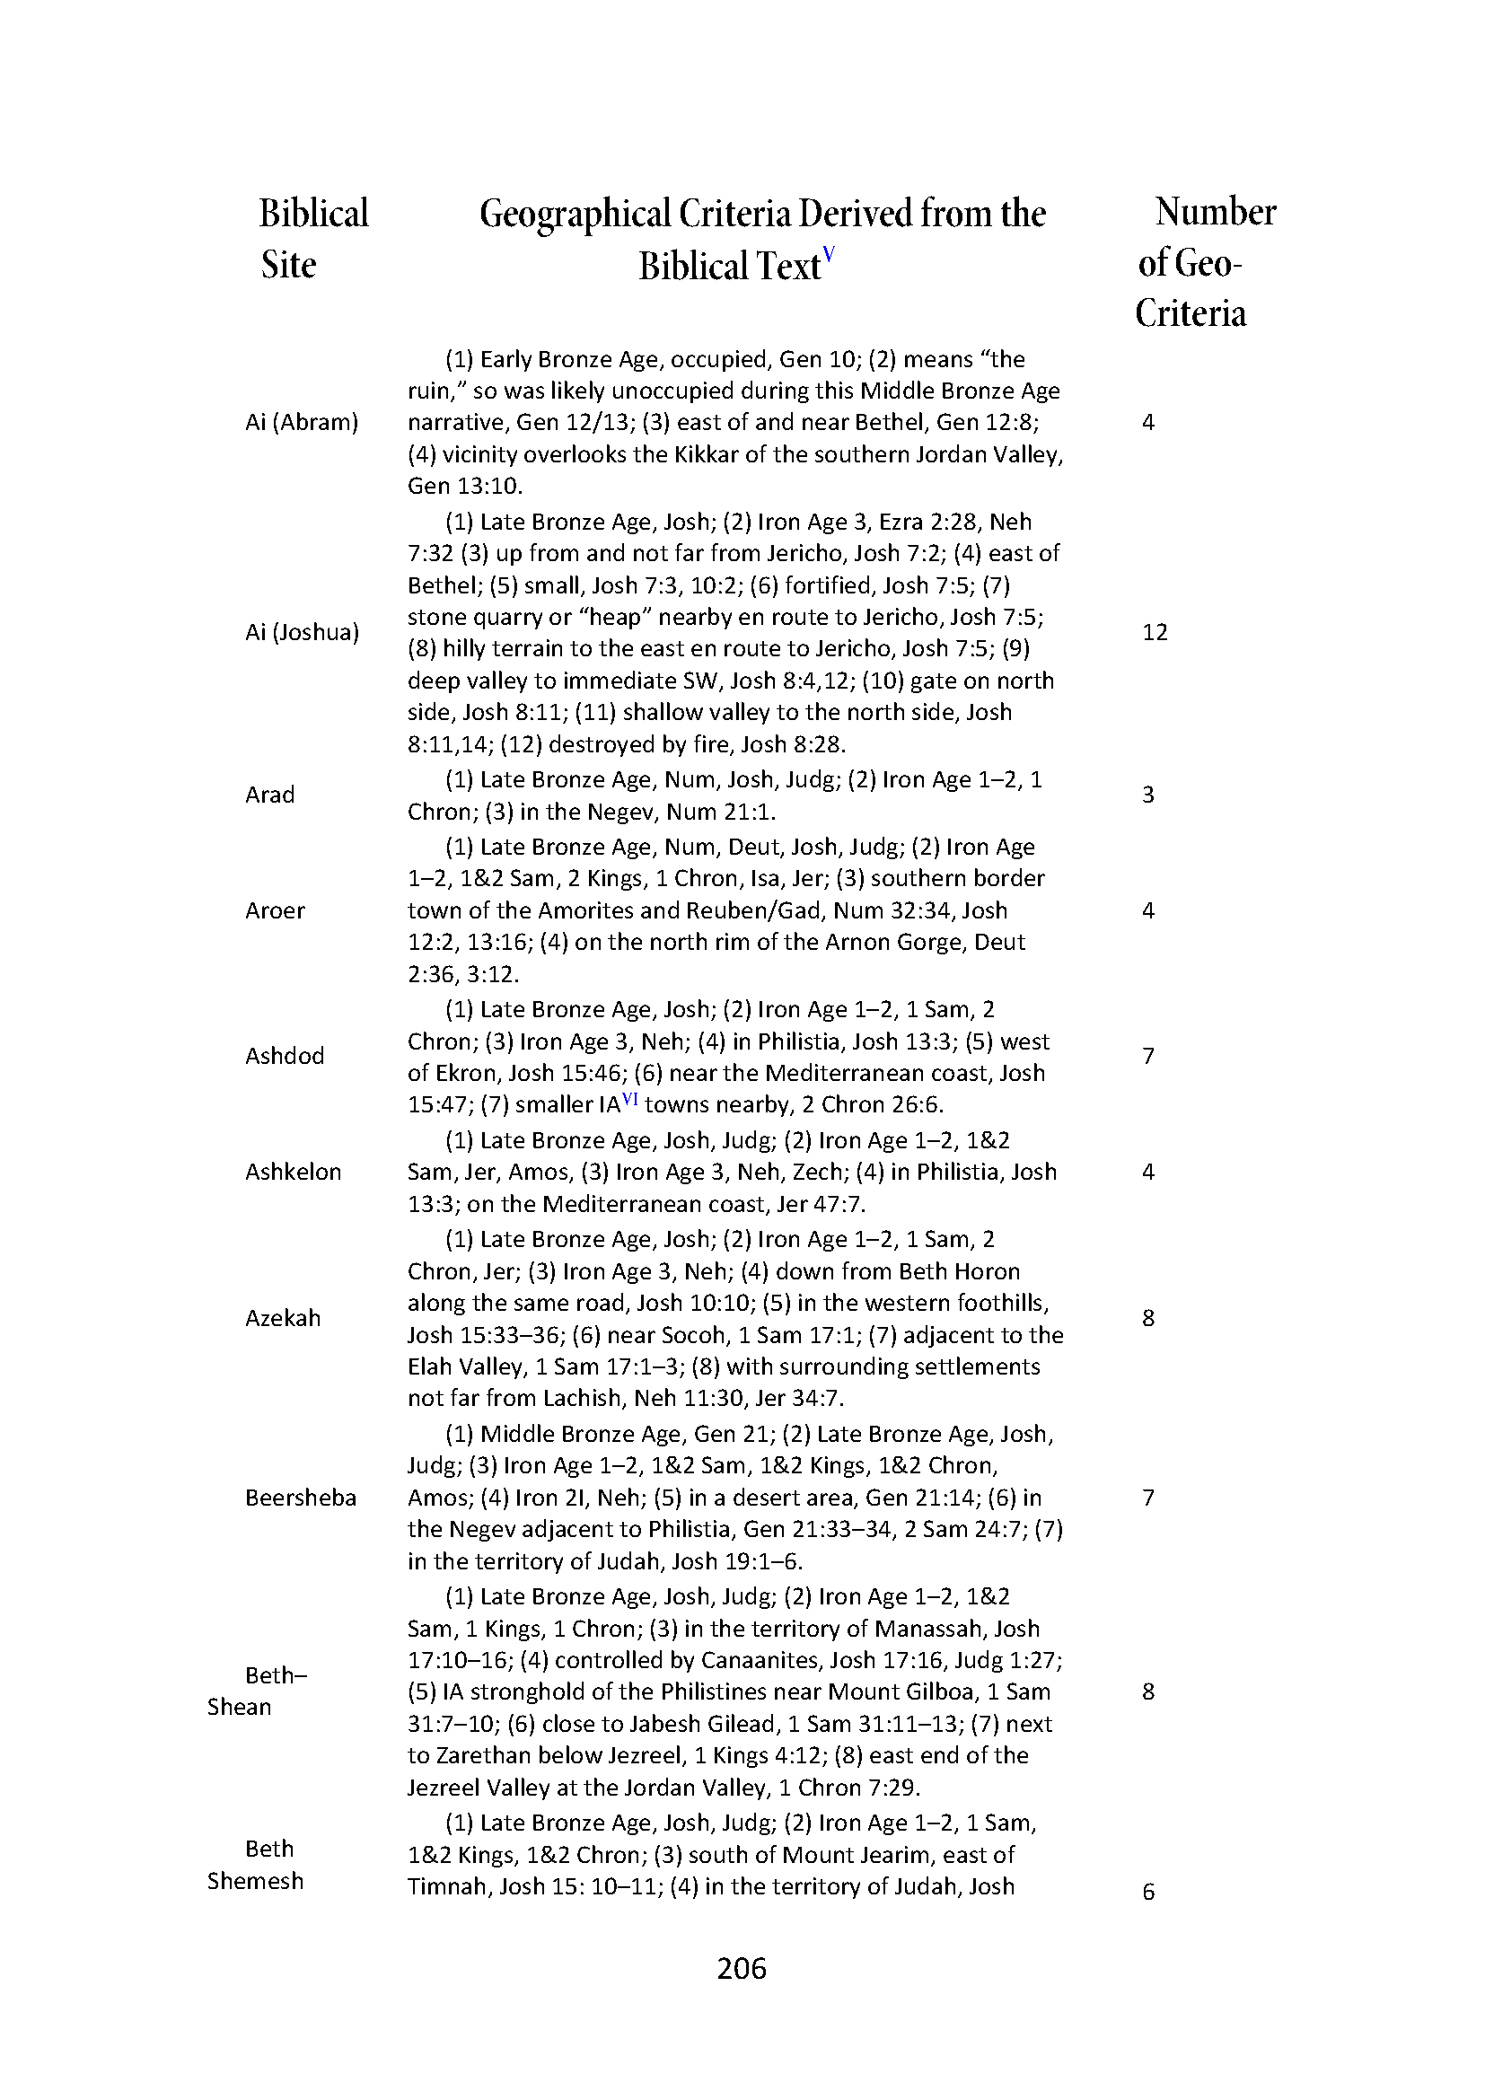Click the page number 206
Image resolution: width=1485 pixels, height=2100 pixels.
click(x=742, y=1966)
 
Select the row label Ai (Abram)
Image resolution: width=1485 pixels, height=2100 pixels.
click(x=302, y=422)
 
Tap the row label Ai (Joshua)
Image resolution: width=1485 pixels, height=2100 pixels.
click(x=302, y=632)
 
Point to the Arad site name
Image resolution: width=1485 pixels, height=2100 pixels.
click(x=269, y=794)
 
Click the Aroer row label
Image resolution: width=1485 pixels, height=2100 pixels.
click(x=275, y=910)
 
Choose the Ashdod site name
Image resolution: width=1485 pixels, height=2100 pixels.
click(x=285, y=1056)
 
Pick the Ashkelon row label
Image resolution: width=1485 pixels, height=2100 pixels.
click(x=293, y=1172)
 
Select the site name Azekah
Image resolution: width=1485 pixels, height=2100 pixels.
click(x=283, y=1317)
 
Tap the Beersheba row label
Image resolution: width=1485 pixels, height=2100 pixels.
click(x=300, y=1498)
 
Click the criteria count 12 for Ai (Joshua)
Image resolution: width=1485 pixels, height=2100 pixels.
click(x=1155, y=632)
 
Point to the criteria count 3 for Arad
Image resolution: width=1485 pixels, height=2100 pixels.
click(x=1148, y=794)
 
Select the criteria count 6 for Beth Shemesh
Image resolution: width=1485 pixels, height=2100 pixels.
click(x=1148, y=1893)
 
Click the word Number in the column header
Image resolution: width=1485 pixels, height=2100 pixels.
click(x=1216, y=212)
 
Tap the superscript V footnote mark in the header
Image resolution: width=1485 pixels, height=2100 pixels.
click(x=830, y=254)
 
